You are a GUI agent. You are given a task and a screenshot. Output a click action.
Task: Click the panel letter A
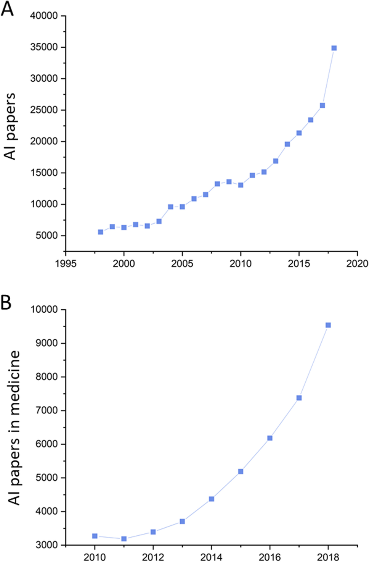[x=7, y=8]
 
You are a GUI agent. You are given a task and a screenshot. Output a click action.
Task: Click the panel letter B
[x=6, y=302]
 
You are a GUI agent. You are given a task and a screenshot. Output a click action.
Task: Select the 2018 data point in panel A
[x=334, y=48]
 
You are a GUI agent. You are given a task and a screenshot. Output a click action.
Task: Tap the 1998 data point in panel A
[x=101, y=232]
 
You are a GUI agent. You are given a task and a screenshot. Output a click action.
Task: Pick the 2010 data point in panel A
[x=241, y=185]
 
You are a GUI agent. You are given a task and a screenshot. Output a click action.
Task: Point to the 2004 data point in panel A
[x=170, y=207]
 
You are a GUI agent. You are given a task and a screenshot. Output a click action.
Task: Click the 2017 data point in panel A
[x=322, y=105]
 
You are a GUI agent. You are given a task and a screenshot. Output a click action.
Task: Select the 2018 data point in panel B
[x=328, y=325]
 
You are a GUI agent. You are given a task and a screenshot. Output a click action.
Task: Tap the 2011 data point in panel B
[x=124, y=539]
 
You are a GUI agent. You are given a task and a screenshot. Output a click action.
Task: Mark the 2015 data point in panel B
[x=241, y=472]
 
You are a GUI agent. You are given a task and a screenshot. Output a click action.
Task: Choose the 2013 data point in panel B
[x=182, y=522]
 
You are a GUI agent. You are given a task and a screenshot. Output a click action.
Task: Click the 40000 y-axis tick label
[x=44, y=16]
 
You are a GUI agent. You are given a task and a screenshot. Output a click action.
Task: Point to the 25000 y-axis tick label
[x=44, y=110]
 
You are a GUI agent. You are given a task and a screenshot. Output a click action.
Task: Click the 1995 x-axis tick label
[x=66, y=263]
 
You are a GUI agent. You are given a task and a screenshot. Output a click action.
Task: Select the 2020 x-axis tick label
[x=357, y=263]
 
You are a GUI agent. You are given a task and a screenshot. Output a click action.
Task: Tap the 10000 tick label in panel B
[x=44, y=309]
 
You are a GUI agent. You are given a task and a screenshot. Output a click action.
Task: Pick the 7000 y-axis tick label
[x=47, y=410]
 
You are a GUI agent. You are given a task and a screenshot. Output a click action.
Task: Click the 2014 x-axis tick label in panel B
[x=211, y=557]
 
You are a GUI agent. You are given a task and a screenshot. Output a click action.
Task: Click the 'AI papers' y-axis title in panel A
[x=10, y=126]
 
